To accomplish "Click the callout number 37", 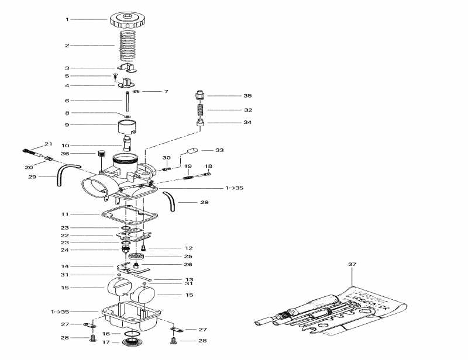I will [x=352, y=265].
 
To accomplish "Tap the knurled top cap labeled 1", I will [x=127, y=20].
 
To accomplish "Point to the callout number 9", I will [x=67, y=124].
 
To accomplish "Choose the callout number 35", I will [x=247, y=95].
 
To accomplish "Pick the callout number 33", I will [x=219, y=150].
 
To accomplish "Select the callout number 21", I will [x=48, y=144].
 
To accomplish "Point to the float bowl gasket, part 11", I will [x=126, y=214].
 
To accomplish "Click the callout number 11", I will [x=67, y=215].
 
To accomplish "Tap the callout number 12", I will [x=188, y=248].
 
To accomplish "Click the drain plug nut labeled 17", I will [x=132, y=341].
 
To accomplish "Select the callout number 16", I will [x=106, y=334].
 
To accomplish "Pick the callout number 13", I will [x=189, y=280].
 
